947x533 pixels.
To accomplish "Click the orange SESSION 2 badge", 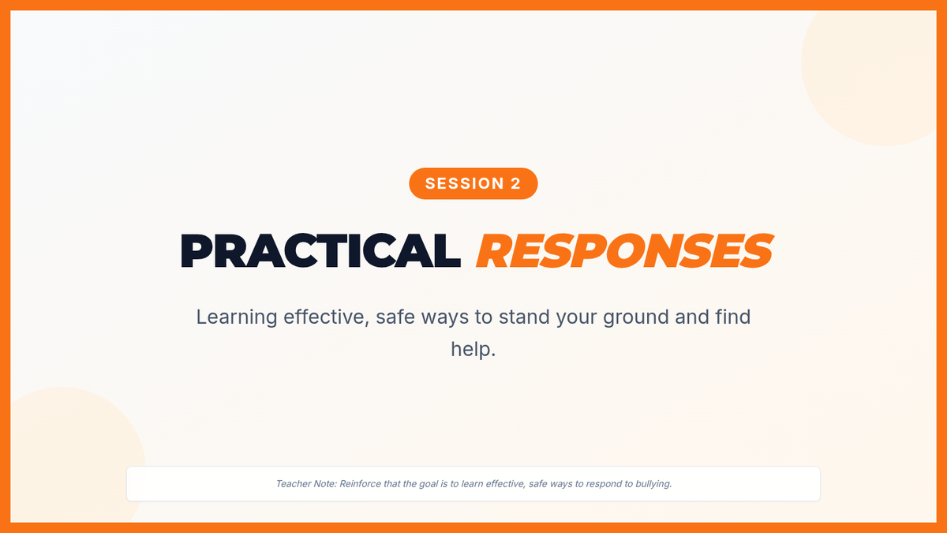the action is [473, 183].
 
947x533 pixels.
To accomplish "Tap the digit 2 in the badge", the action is [515, 183].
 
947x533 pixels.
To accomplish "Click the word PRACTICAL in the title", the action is [320, 250].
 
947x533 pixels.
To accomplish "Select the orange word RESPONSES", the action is [624, 250].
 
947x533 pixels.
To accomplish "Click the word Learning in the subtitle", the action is [236, 317].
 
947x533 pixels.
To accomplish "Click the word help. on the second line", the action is [473, 349].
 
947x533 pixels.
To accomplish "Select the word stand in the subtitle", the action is [524, 317].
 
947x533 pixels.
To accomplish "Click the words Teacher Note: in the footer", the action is [306, 483].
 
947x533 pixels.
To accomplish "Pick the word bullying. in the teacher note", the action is [653, 484].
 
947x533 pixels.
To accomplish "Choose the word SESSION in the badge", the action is [465, 183].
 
